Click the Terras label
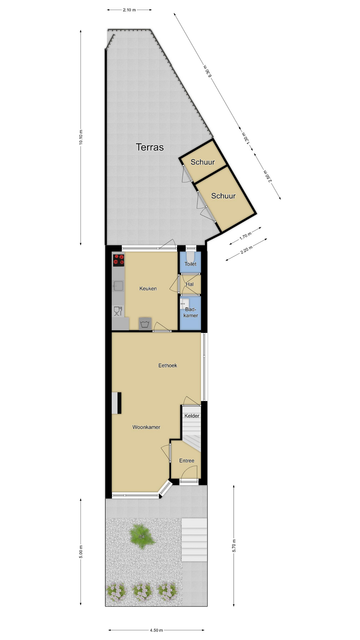click(150, 147)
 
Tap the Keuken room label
click(148, 289)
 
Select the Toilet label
click(190, 264)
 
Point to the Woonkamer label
click(146, 427)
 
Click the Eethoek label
click(168, 365)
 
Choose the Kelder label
click(192, 416)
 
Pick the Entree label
click(187, 461)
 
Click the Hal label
click(190, 284)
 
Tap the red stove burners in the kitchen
click(118, 260)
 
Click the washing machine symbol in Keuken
click(145, 324)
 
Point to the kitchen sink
click(118, 286)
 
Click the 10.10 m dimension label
click(81, 137)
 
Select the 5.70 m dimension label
click(234, 545)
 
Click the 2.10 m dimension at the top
click(129, 10)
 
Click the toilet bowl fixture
click(190, 257)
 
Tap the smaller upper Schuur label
click(203, 162)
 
